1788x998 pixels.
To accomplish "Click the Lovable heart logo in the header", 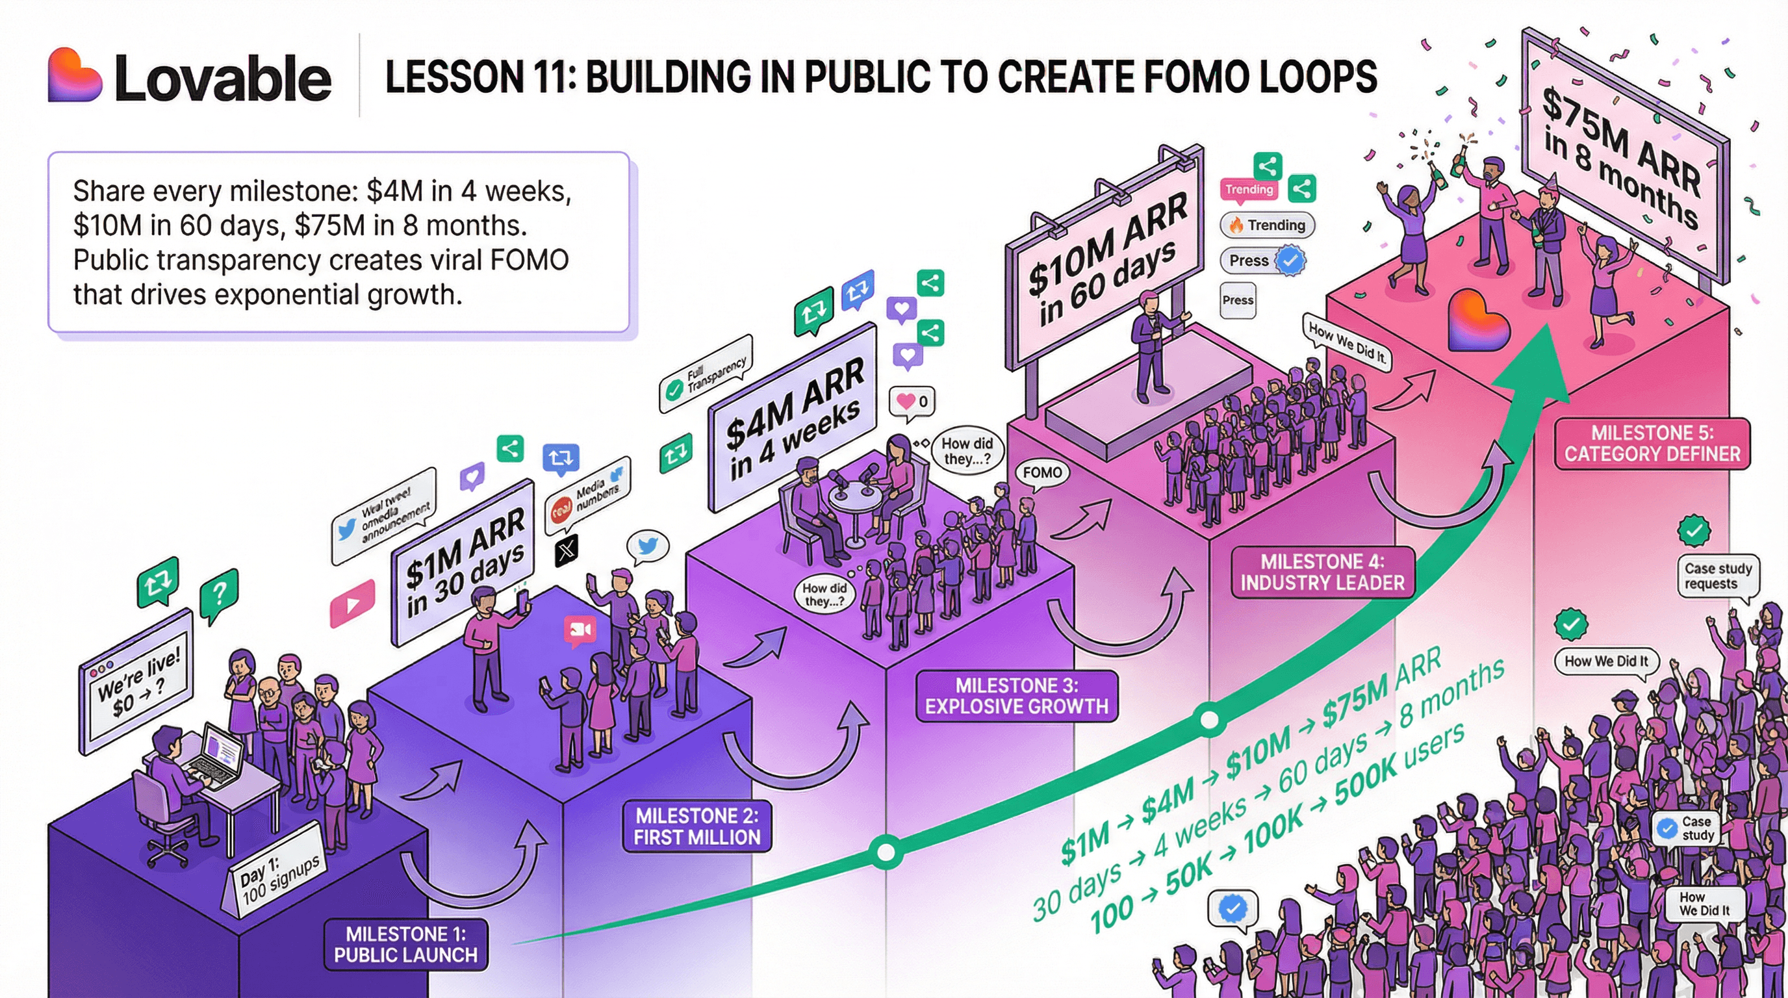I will [x=74, y=75].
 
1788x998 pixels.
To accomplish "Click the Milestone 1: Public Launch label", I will [x=405, y=945].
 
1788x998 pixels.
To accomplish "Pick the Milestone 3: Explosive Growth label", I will [x=1016, y=696].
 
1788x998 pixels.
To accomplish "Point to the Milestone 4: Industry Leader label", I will [x=1322, y=572].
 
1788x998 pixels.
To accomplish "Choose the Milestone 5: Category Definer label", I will [x=1652, y=444].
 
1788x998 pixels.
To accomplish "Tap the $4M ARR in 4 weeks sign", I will [x=793, y=418].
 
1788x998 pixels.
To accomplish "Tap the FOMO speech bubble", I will [x=1042, y=473].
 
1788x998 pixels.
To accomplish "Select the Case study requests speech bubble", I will [x=1717, y=576].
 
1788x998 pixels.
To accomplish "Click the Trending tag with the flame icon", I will [x=1268, y=225].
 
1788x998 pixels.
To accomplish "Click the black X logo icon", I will [x=567, y=550].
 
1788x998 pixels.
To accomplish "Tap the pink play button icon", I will [x=352, y=604].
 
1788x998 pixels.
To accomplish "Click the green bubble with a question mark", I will [x=220, y=593].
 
